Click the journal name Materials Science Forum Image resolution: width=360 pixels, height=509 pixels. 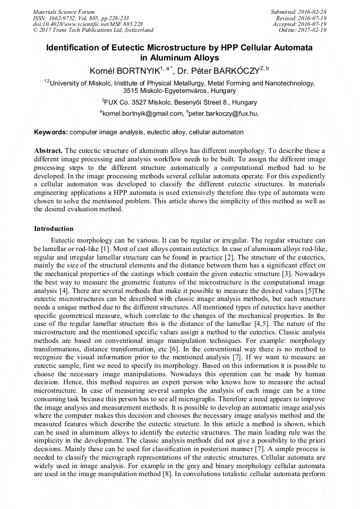(x=64, y=12)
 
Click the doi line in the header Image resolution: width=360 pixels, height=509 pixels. (x=88, y=24)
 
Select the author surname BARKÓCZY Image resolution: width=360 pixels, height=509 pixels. (x=237, y=70)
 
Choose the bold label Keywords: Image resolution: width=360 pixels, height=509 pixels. (x=51, y=132)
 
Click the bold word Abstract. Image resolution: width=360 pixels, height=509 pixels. (x=48, y=151)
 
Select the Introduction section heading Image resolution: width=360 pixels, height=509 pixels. (x=54, y=229)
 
